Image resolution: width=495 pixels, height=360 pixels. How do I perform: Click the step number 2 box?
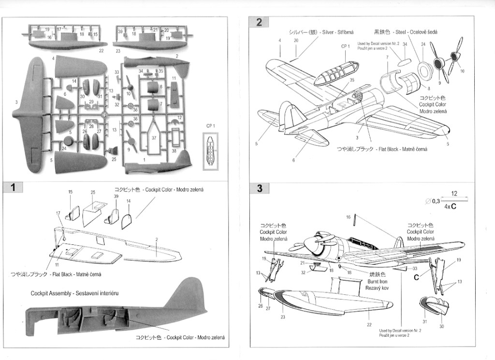click(x=260, y=22)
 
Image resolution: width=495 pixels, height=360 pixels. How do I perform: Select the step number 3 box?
click(x=260, y=188)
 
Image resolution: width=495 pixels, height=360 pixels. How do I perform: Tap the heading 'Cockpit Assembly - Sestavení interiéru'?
click(x=75, y=293)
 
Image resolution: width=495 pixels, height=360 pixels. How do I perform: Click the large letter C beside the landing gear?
click(x=416, y=277)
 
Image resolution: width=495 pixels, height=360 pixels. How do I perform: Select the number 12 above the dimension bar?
click(x=454, y=193)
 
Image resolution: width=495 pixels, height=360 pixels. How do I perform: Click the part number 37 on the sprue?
click(x=154, y=137)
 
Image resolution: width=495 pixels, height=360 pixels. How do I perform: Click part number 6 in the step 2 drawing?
click(x=293, y=160)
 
